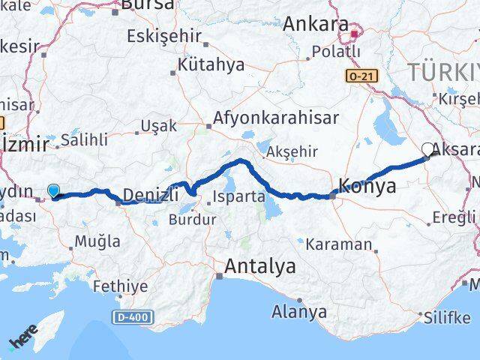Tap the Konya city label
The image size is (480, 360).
click(x=367, y=187)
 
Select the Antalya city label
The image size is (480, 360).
click(x=260, y=266)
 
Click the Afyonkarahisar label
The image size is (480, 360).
click(x=275, y=118)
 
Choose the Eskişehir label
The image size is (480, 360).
click(x=163, y=36)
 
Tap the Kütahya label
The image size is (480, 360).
click(x=211, y=64)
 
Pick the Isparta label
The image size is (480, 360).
click(x=239, y=197)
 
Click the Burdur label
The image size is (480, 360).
click(x=192, y=220)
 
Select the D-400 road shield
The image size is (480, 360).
click(x=130, y=318)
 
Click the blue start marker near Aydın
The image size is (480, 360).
click(x=54, y=190)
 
